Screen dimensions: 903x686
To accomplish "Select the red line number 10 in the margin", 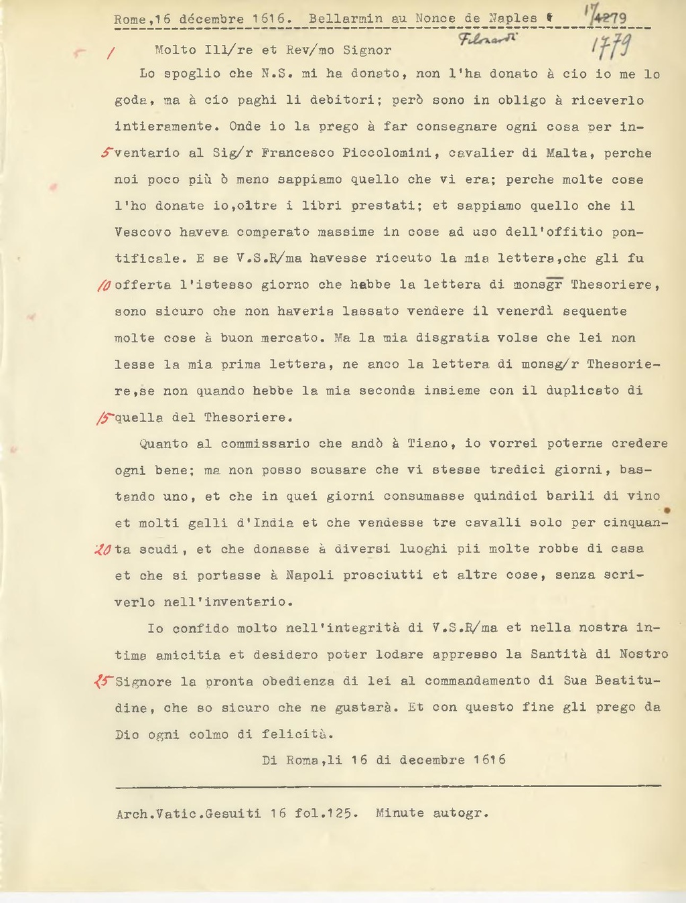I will click(104, 285).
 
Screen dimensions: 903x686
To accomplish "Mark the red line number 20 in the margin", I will click(103, 549).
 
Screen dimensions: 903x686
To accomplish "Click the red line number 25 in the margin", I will click(104, 681).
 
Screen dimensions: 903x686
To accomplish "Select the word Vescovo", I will click(143, 232).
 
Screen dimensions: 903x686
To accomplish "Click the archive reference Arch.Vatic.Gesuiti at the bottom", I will click(188, 813).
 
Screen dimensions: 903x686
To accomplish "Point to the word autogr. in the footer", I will click(461, 813).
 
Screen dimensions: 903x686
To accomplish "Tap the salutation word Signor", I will click(367, 50).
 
